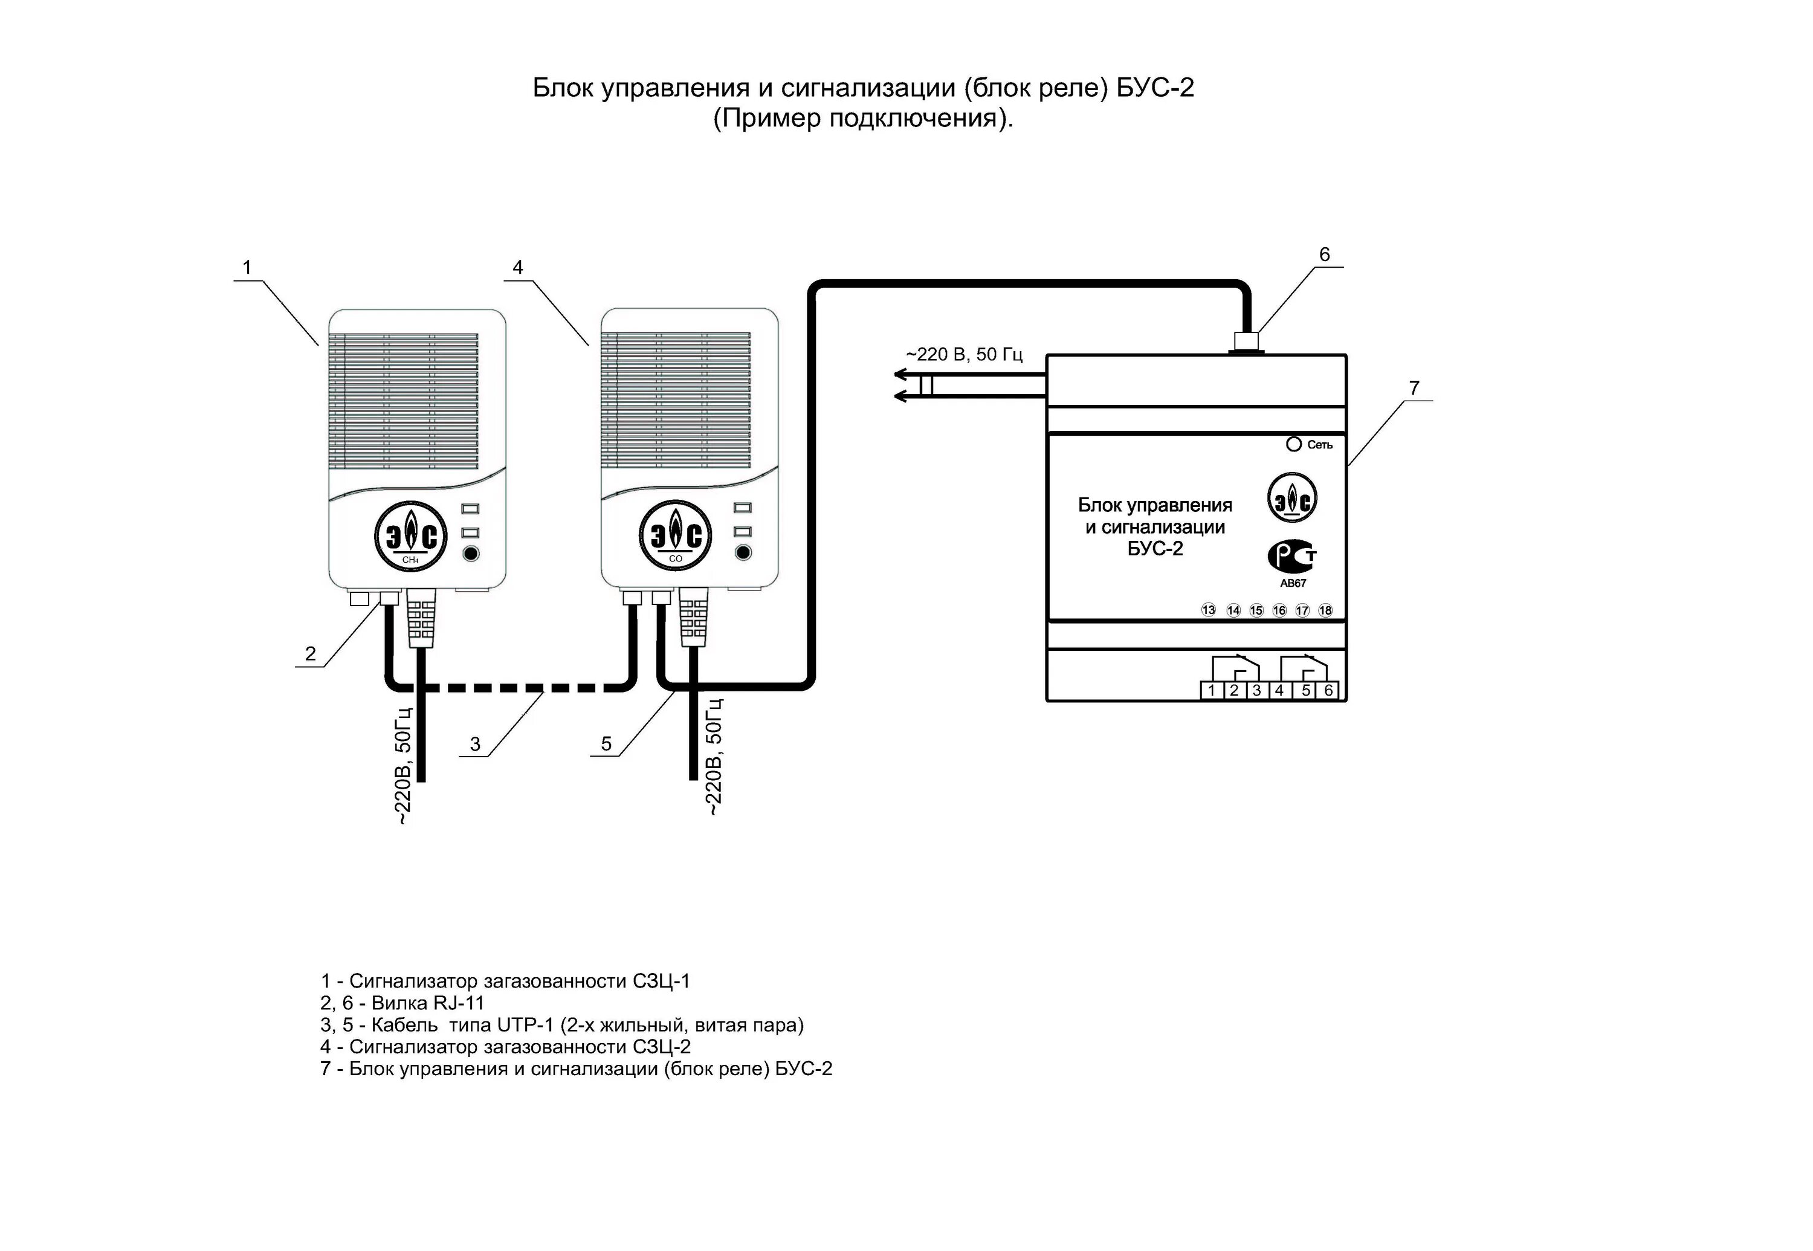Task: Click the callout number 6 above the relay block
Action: tap(1324, 255)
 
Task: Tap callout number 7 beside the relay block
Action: tap(1414, 388)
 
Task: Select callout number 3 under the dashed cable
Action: tap(475, 744)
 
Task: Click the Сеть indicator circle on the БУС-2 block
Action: tap(1293, 444)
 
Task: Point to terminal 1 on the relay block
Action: tap(1211, 691)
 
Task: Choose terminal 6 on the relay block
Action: tap(1328, 691)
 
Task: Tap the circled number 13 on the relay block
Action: tap(1209, 610)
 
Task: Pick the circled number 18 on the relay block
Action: tap(1325, 610)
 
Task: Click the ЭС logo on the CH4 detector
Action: tap(411, 537)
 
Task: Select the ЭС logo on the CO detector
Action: tap(676, 537)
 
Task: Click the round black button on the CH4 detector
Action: tap(470, 554)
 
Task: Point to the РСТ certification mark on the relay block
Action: tap(1291, 557)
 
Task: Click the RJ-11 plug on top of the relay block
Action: tap(1246, 341)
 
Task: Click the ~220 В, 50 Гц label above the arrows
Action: tap(964, 354)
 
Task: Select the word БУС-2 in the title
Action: tap(1155, 88)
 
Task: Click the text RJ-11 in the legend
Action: tap(459, 1003)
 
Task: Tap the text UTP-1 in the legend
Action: tap(525, 1024)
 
